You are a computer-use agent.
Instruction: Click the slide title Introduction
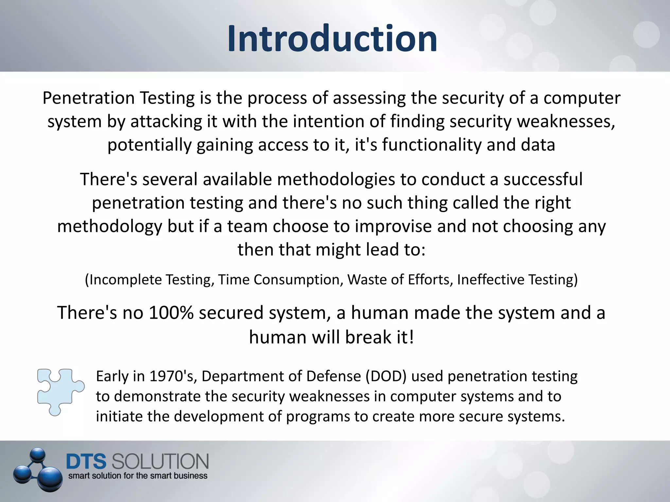pos(332,39)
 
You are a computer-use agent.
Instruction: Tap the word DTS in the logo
pos(86,461)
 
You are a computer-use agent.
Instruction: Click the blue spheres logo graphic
pos(39,470)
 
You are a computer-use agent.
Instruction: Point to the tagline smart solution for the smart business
pos(138,476)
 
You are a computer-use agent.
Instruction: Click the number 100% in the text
pos(171,312)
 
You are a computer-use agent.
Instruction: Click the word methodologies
pos(336,179)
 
